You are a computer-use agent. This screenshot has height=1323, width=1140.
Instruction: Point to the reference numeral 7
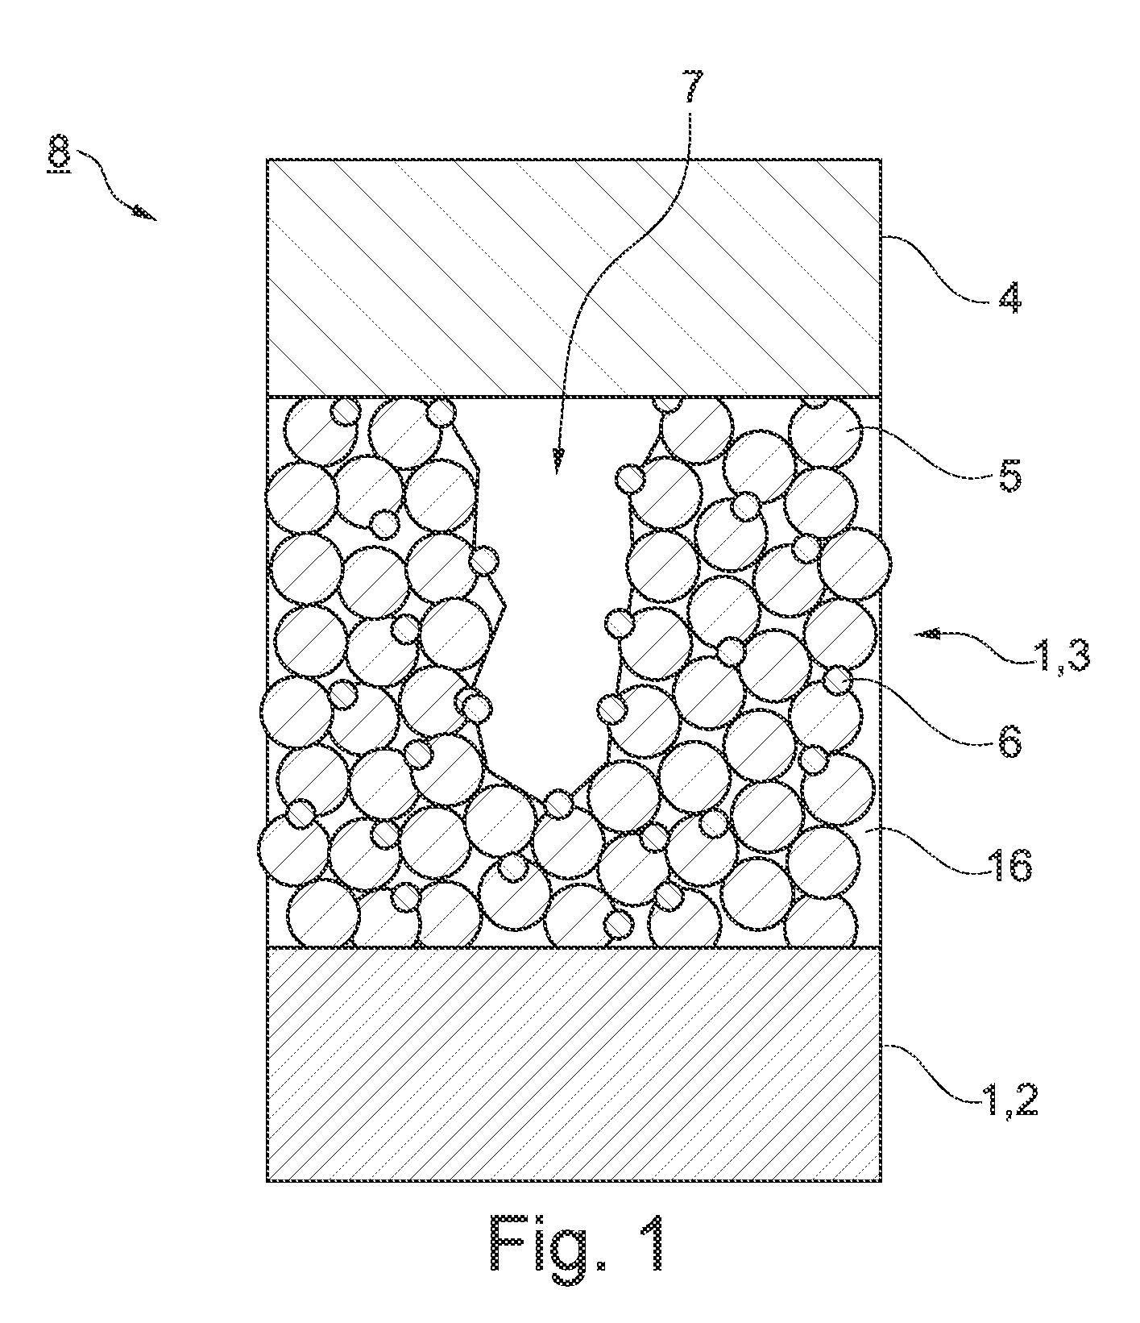[693, 87]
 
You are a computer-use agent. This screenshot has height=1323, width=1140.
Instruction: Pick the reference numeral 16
[1009, 867]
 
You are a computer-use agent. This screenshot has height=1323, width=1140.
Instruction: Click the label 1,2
[1011, 1100]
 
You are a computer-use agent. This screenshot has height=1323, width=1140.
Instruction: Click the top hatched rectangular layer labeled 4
[574, 277]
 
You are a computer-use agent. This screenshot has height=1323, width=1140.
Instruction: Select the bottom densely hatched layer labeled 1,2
[574, 1064]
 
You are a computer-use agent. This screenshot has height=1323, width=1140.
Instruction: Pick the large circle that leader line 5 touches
[824, 435]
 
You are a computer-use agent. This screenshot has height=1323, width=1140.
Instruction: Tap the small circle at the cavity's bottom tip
[558, 805]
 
